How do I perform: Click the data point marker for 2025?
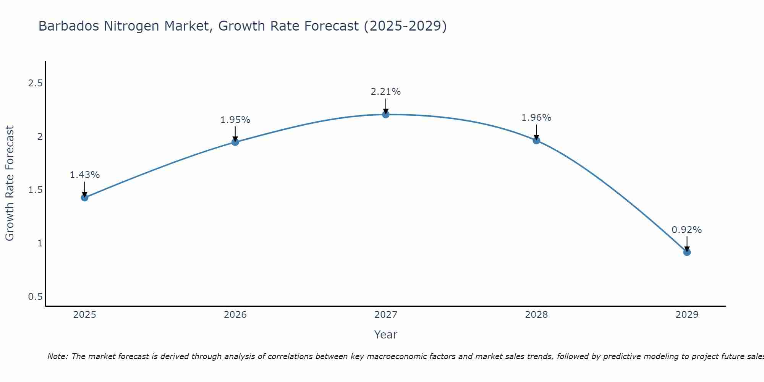[85, 197]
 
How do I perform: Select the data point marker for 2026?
[235, 142]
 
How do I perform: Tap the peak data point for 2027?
[386, 114]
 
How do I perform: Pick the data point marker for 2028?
[536, 140]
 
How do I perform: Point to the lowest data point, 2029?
[687, 252]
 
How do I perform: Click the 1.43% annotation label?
[85, 175]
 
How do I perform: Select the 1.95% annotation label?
[235, 120]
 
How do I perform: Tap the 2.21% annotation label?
[386, 92]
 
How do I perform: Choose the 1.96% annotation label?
[536, 118]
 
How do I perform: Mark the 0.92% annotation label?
[687, 230]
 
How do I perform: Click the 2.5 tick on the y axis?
[35, 83]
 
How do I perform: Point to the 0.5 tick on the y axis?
[35, 297]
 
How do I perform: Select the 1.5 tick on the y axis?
[35, 190]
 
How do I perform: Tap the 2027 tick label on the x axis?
[386, 315]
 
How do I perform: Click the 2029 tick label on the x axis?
[687, 315]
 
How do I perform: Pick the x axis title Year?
[386, 335]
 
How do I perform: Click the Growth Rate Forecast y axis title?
[10, 183]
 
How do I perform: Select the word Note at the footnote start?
[57, 356]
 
